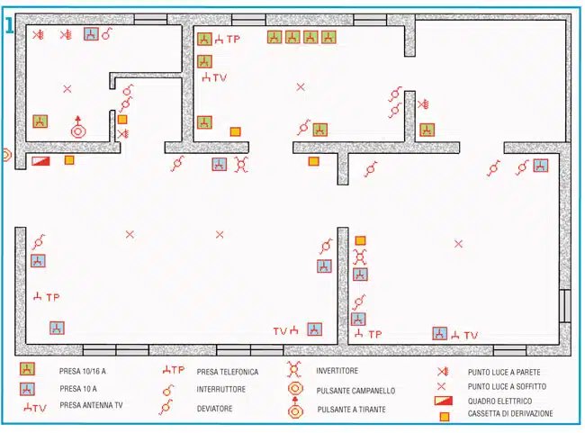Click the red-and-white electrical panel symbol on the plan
pyautogui.click(x=40, y=161)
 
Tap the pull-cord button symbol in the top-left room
pyautogui.click(x=78, y=128)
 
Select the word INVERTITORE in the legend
pyautogui.click(x=337, y=371)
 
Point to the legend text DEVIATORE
pyautogui.click(x=214, y=409)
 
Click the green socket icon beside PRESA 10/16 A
pyautogui.click(x=27, y=369)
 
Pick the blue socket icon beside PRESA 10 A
pyautogui.click(x=27, y=389)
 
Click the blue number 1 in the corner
pyautogui.click(x=9, y=26)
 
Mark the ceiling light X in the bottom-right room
pyautogui.click(x=458, y=244)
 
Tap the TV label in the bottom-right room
pyautogui.click(x=471, y=335)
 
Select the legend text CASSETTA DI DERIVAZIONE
pyautogui.click(x=510, y=413)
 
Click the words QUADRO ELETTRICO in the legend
pyautogui.click(x=499, y=401)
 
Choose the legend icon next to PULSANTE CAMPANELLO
pyautogui.click(x=295, y=389)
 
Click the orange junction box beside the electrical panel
pyautogui.click(x=69, y=160)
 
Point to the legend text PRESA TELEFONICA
pyautogui.click(x=228, y=372)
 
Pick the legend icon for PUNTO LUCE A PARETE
pyautogui.click(x=443, y=372)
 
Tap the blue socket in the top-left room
pyautogui.click(x=91, y=34)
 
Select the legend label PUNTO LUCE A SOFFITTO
pyautogui.click(x=507, y=386)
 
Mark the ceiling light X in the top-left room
pyautogui.click(x=67, y=89)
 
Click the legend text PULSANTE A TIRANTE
pyautogui.click(x=351, y=410)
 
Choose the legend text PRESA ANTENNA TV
pyautogui.click(x=91, y=405)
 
